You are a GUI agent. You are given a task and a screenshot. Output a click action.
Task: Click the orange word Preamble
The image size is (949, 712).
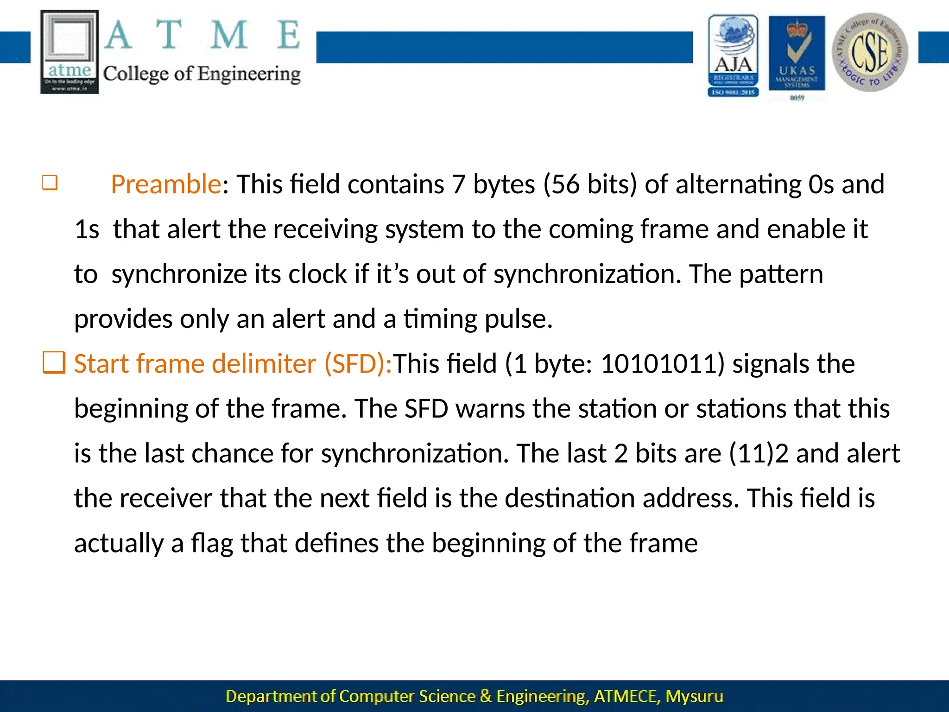(x=166, y=184)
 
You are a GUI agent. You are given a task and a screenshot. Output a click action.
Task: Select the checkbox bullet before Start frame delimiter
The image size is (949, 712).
(x=54, y=363)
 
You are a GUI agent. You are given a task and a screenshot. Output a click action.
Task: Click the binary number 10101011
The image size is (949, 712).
(x=659, y=364)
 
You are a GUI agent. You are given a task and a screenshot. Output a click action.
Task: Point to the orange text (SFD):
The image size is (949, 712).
(x=358, y=364)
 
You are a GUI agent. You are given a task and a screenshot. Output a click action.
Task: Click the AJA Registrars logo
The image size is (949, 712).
(x=733, y=56)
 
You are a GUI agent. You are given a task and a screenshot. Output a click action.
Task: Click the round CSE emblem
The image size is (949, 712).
(x=870, y=52)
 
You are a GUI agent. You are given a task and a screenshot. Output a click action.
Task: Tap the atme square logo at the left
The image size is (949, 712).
(x=70, y=52)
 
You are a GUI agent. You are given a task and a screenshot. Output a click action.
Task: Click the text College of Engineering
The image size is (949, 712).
(x=202, y=74)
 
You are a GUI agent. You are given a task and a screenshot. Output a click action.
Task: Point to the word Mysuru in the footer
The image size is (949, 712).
(x=694, y=697)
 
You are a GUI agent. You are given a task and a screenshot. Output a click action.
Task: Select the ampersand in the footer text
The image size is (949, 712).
(x=486, y=697)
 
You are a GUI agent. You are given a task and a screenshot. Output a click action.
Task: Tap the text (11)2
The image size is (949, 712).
(x=759, y=454)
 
